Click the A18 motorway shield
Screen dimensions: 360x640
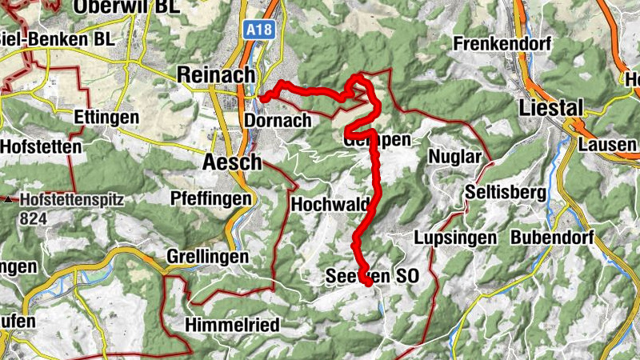[x=258, y=30]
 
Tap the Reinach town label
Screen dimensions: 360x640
[x=215, y=74]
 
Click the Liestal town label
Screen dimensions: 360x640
[x=551, y=106]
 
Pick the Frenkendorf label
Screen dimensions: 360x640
[x=502, y=44]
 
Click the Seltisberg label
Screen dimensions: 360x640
[x=506, y=192]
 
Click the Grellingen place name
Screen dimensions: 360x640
[x=207, y=257]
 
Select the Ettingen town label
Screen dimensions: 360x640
[x=106, y=118]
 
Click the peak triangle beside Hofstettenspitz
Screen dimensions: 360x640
[x=9, y=198]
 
